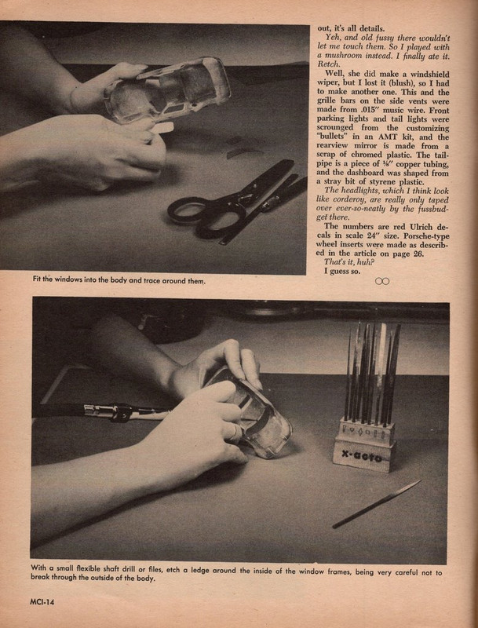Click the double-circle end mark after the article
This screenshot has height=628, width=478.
coord(382,280)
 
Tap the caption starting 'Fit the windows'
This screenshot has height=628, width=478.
coord(118,280)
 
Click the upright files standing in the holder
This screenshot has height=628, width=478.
coord(373,373)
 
